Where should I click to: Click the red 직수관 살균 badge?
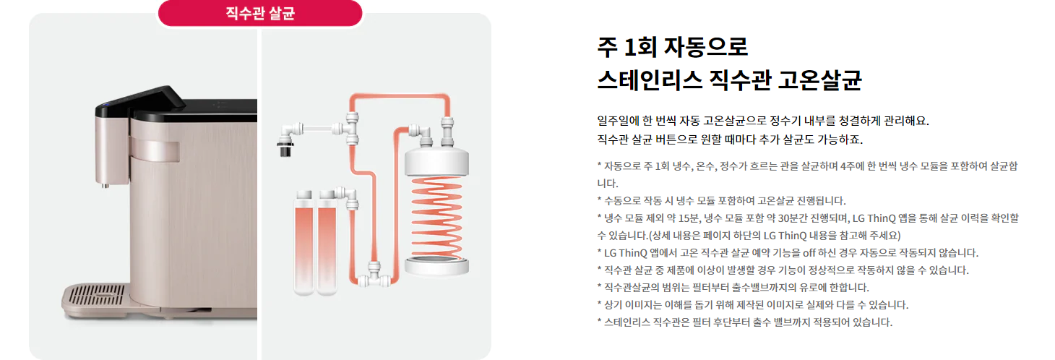260,13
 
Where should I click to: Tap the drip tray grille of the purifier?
97,296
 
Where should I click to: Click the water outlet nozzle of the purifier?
105,185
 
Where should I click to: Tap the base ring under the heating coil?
436,266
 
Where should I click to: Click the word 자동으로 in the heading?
705,47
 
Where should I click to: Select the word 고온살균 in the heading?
819,80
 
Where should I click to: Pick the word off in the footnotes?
809,253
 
